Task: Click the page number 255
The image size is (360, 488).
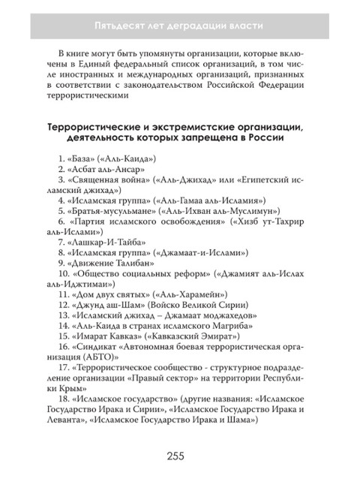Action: click(180, 456)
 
